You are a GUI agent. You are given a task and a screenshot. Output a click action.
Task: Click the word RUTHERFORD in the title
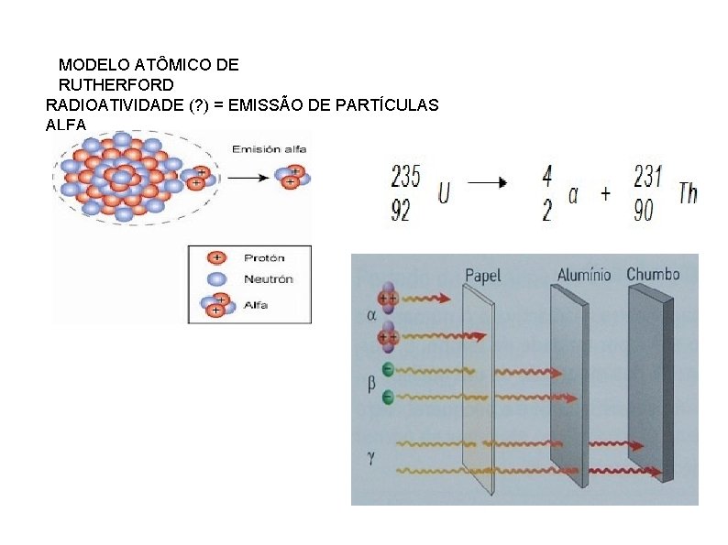point(116,85)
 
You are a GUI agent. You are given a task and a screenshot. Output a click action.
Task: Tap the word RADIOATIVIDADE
point(114,105)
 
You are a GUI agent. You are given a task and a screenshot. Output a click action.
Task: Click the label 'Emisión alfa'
point(270,149)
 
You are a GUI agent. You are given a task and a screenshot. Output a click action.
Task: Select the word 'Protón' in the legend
point(263,258)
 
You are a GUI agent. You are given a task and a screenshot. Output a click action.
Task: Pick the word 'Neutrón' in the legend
point(268,279)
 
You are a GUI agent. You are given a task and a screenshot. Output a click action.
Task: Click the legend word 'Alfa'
point(257,304)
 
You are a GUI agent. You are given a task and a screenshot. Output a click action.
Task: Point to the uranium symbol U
point(443,194)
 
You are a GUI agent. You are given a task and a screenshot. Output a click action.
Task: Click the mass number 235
point(406,176)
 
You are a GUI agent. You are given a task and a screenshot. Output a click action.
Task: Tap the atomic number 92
point(401,212)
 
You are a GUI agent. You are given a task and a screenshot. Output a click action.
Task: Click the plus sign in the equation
point(606,195)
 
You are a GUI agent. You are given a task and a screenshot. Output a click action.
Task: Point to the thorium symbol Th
point(687,193)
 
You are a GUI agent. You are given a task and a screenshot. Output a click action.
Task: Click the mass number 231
point(647,176)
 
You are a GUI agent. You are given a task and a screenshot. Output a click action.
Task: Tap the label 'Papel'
point(483,274)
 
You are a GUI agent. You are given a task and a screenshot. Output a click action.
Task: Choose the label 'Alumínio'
point(583,274)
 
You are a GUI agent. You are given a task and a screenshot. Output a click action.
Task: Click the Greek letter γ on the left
point(370,452)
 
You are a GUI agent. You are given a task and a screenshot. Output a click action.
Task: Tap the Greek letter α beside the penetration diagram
point(370,316)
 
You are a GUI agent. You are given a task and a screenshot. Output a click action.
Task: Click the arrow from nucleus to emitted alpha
point(247,180)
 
